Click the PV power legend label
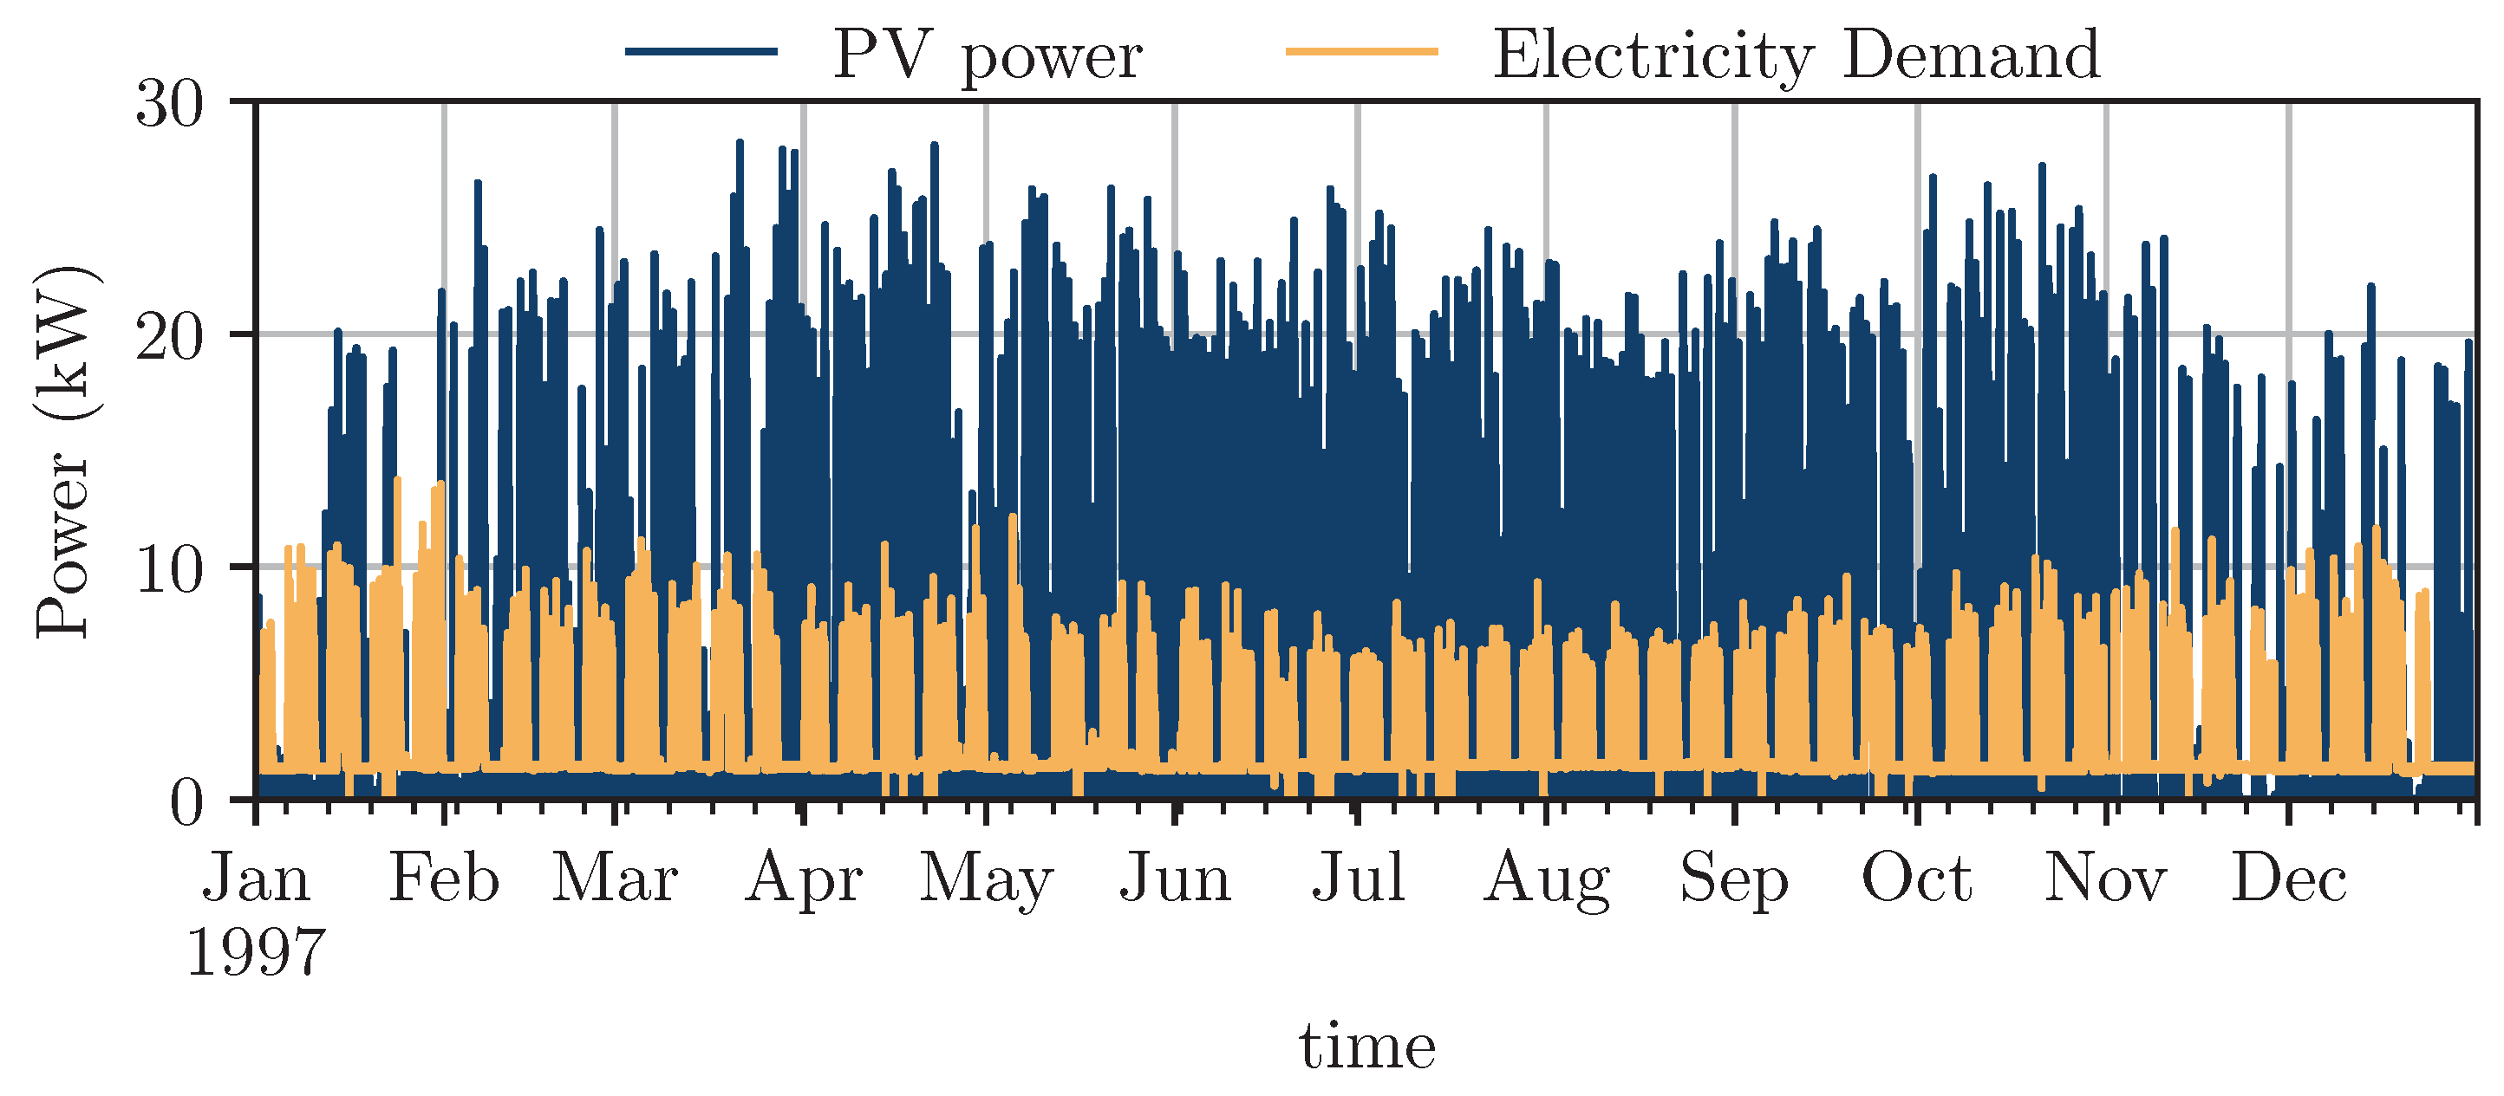pos(987,56)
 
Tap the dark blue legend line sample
pos(701,51)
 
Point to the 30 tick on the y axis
pos(170,104)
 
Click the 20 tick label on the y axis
pos(170,337)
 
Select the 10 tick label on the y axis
pos(170,569)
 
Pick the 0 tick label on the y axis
pos(186,802)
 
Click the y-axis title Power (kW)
pos(64,451)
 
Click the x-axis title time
pos(1366,1047)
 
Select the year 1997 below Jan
pos(256,953)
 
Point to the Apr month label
pos(804,880)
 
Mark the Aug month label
pos(1546,880)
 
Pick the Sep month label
pos(1734,880)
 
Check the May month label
pos(986,880)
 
